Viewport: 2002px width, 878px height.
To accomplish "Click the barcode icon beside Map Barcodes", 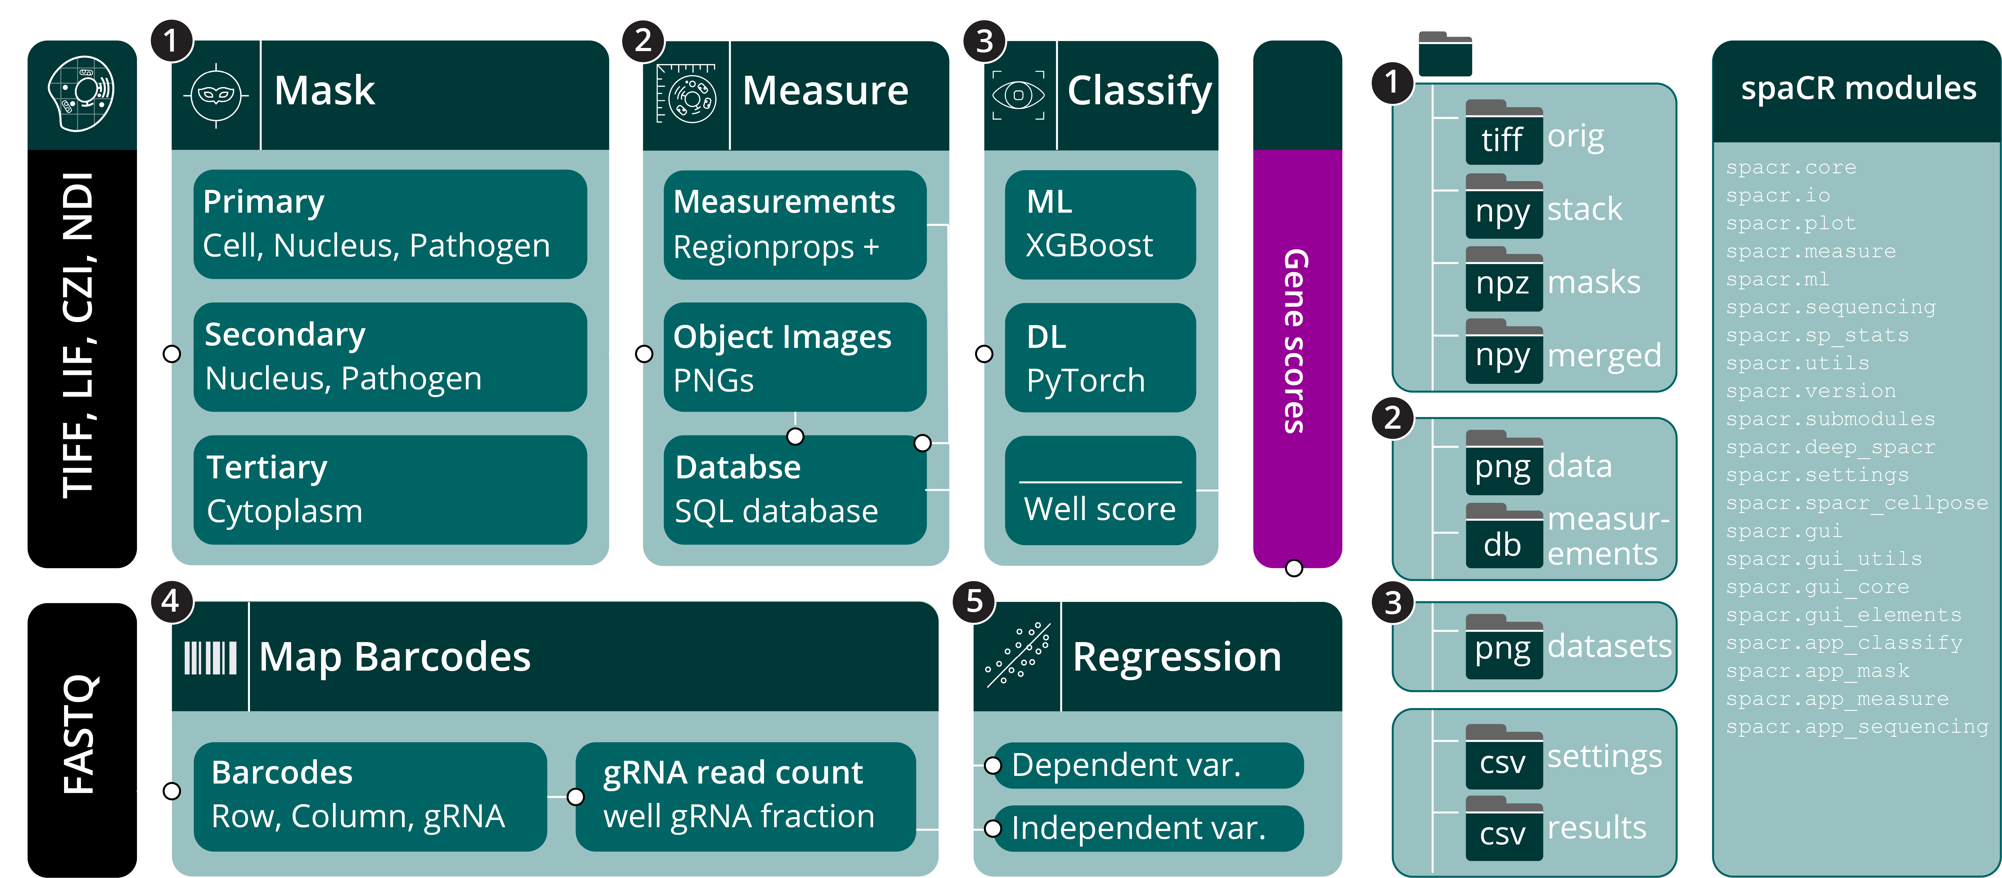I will [210, 657].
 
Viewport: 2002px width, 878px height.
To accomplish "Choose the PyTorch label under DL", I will [1085, 381].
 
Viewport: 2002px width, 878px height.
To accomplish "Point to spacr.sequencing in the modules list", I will [1830, 308].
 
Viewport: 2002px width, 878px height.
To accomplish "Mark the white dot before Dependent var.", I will [992, 765].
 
